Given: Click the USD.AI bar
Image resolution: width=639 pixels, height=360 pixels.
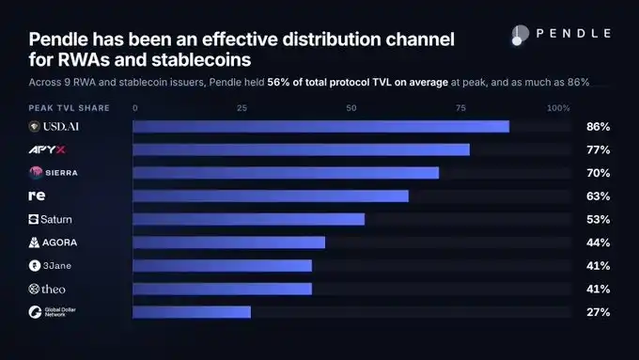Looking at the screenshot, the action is tap(321, 126).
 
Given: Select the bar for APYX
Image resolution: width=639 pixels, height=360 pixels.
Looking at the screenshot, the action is tap(301, 149).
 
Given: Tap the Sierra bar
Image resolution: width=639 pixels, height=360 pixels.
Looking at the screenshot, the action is tap(286, 173).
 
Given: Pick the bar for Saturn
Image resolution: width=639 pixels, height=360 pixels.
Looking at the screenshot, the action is tap(249, 219).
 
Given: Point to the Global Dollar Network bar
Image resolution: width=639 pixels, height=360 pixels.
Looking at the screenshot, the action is tap(192, 312).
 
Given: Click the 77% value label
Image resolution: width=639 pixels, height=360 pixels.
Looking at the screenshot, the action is tap(599, 150).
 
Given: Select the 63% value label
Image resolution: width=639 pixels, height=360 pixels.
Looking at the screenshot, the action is tap(599, 196).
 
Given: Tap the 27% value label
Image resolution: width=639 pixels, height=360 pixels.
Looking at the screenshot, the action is tap(599, 312).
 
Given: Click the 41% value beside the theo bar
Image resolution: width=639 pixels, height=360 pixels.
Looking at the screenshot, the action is tap(599, 290).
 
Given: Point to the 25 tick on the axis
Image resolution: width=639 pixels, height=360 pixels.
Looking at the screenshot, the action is tap(242, 108).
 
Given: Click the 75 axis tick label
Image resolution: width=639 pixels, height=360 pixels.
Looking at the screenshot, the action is tap(460, 108).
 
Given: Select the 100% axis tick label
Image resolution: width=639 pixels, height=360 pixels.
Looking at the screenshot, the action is tap(558, 108).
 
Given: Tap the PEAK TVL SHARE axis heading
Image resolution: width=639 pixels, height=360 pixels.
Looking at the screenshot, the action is tap(70, 108).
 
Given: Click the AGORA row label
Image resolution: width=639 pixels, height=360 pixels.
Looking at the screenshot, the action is tap(53, 243).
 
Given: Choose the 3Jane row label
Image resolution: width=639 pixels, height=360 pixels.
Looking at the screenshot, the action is tap(50, 266).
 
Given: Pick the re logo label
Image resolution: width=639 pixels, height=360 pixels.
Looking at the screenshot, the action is tap(37, 196).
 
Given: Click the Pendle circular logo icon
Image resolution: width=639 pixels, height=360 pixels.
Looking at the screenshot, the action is tap(520, 35).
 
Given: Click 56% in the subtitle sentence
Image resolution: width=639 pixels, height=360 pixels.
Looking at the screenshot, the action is tap(278, 83).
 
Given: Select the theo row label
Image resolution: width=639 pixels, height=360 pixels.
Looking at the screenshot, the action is tap(47, 290).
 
